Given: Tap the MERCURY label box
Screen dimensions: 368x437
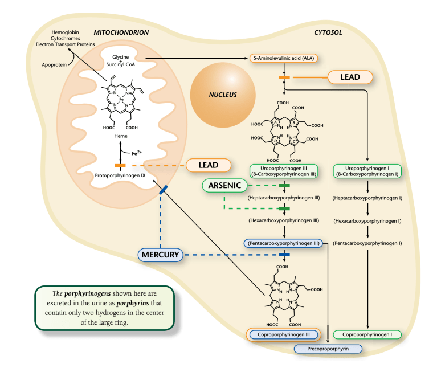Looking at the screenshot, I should [x=161, y=255].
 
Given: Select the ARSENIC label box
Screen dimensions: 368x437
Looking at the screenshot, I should [x=224, y=186].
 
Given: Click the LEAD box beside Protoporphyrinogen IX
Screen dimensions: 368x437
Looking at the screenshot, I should [x=209, y=165].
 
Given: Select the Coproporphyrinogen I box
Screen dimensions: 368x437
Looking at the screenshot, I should [x=368, y=334].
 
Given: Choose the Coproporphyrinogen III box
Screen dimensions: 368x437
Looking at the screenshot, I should [x=284, y=334].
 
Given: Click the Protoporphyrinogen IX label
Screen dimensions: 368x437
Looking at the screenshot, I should [x=120, y=175].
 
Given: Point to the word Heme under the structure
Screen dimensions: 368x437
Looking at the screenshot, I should [x=120, y=137].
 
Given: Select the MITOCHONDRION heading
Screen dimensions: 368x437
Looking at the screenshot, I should [x=121, y=32].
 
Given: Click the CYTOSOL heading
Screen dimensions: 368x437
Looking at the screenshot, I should [x=328, y=32].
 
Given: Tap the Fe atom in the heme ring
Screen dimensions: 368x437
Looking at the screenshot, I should [x=121, y=99].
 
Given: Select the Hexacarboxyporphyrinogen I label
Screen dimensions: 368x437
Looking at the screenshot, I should [x=368, y=220].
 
